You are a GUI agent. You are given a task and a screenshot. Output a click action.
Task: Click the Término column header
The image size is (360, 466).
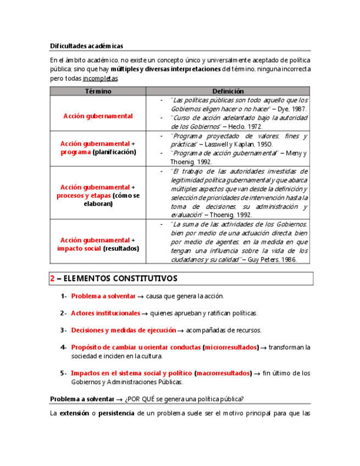pos(98,91)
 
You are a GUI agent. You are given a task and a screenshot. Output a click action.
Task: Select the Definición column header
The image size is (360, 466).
pos(228,91)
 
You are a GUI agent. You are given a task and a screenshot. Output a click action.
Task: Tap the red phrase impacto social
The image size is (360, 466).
pos(79,248)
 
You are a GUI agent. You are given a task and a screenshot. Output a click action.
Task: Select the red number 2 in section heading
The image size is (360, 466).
pos(52,279)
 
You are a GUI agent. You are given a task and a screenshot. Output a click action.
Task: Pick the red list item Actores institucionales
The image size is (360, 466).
pos(106,313)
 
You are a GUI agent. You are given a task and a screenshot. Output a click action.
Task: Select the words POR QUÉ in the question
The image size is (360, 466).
pos(142,399)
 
